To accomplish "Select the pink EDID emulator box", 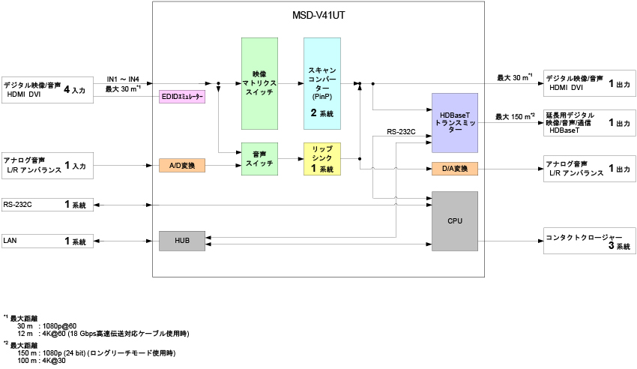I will [182, 97].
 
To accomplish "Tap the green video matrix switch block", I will [260, 83].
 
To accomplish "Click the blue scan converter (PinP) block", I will [322, 83].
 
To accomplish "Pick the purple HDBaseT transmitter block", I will [455, 123].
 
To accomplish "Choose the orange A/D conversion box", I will [182, 165].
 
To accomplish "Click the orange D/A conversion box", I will [455, 169].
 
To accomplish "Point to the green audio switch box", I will [260, 159].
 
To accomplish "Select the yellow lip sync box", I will [322, 159].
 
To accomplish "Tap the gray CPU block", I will [455, 221].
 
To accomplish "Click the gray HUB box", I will [182, 241].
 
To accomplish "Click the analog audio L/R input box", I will [46, 166].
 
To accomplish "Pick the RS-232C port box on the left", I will [46, 204].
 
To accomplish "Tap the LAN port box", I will [46, 241].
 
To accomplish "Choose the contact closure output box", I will [589, 241].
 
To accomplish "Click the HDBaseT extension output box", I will [589, 123].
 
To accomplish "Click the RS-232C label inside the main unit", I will [402, 132].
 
